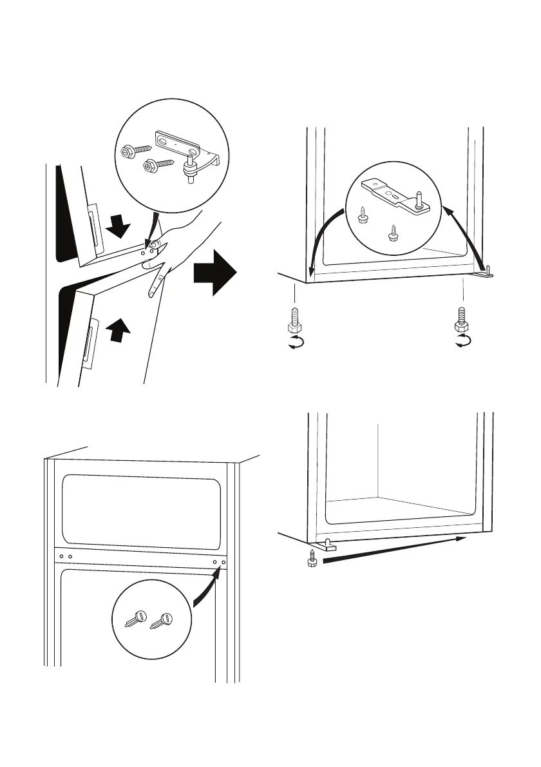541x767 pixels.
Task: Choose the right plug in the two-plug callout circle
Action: [162, 619]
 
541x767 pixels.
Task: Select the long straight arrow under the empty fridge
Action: [393, 549]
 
